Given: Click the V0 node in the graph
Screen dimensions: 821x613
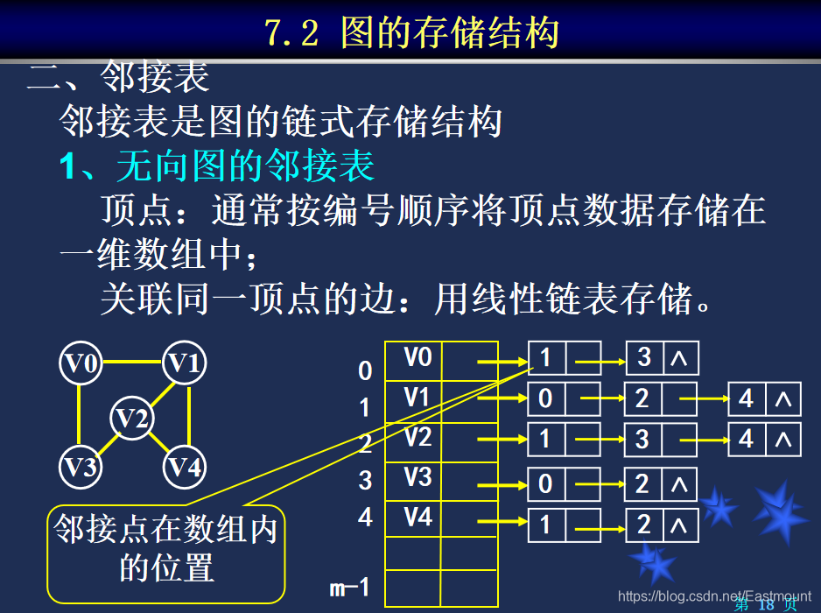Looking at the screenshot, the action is [81, 363].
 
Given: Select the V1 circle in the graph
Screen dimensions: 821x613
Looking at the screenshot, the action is [185, 363].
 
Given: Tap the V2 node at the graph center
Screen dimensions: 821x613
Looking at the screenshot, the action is [132, 419].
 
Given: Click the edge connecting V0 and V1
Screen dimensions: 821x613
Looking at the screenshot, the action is [132, 360].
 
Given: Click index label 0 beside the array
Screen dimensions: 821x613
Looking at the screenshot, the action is [365, 371].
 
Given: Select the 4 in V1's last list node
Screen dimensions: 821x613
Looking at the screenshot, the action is [747, 399].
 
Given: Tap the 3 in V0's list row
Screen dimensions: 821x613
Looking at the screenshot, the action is [645, 357].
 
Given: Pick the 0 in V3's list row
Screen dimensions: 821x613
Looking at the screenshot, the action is [545, 484].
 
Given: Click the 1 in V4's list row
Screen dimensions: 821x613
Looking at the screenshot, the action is [545, 525].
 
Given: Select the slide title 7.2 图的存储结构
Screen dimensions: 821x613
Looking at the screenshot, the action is [410, 33].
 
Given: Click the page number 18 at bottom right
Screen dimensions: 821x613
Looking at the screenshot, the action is [766, 605].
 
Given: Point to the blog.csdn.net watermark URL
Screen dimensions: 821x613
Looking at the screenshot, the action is [714, 596].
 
